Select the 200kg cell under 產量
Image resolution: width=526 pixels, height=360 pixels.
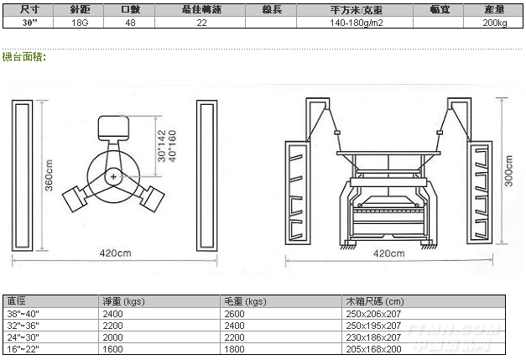click(x=495, y=23)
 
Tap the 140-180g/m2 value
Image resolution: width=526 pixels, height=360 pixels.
click(x=356, y=23)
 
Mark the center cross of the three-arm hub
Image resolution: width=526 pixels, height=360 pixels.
click(x=113, y=177)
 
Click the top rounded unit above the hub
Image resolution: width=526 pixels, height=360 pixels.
click(x=113, y=129)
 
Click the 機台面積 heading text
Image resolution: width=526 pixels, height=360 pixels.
click(x=23, y=57)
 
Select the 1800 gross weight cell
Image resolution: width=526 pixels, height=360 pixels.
click(x=234, y=348)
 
